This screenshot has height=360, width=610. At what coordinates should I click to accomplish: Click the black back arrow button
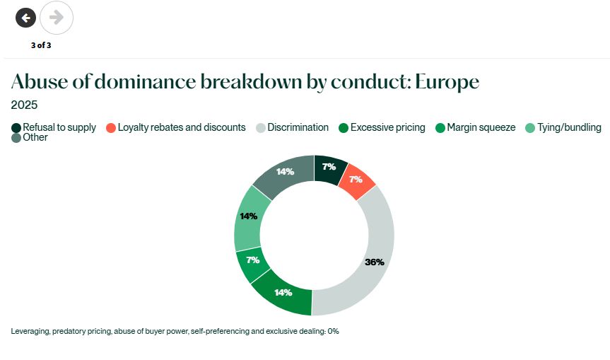tap(25, 18)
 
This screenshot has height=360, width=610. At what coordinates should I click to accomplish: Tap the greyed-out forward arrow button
tap(57, 18)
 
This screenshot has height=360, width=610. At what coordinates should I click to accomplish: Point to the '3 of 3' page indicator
tap(41, 45)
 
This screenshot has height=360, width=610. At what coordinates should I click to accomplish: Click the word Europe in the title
tap(447, 82)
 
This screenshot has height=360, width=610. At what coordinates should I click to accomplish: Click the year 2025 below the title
tap(24, 105)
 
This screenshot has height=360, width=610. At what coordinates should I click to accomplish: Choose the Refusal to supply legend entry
tap(54, 127)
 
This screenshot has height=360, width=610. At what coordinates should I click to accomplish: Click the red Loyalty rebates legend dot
tap(111, 128)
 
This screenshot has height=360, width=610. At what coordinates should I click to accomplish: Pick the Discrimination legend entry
tap(292, 127)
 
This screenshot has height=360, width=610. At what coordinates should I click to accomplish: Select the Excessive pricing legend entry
tap(382, 127)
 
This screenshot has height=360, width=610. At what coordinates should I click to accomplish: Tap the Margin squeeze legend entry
tap(476, 127)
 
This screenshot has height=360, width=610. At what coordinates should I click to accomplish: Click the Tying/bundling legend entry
tap(563, 127)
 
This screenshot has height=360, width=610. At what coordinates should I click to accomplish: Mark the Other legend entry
tap(30, 137)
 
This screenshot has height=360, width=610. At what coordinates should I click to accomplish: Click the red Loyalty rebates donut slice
tap(356, 180)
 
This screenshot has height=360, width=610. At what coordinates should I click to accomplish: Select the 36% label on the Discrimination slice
tap(375, 262)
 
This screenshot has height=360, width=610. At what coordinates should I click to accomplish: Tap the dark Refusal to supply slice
tap(329, 169)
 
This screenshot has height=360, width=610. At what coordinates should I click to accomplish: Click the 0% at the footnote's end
tap(334, 331)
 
